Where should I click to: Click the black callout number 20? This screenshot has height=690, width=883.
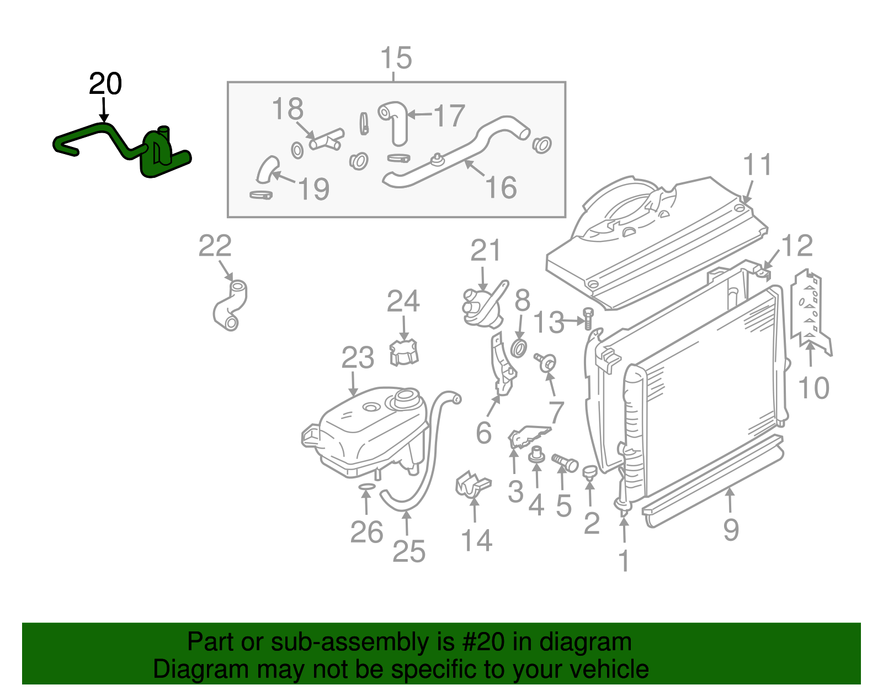pyautogui.click(x=105, y=84)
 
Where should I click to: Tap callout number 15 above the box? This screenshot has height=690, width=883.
pyautogui.click(x=396, y=58)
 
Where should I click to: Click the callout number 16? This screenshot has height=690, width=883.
pyautogui.click(x=501, y=187)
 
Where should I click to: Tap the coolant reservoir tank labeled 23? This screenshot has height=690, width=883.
pyautogui.click(x=364, y=434)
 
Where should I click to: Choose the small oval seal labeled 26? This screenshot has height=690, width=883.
pyautogui.click(x=366, y=487)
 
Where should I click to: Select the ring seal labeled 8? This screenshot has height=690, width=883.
pyautogui.click(x=519, y=348)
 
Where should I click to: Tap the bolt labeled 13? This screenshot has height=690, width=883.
pyautogui.click(x=588, y=320)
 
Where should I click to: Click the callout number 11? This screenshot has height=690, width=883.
pyautogui.click(x=757, y=165)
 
